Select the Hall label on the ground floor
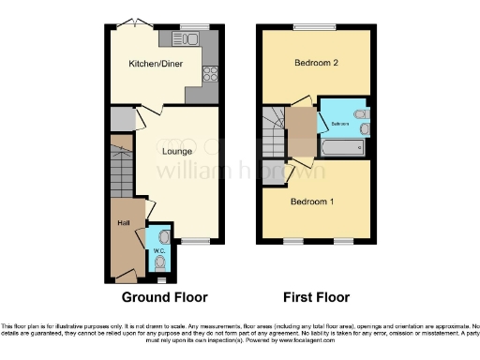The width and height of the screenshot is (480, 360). [x=124, y=222]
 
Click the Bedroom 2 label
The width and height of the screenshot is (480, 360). [x=316, y=64]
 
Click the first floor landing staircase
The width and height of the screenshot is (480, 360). [x=273, y=131]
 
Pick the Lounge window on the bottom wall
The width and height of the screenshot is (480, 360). [x=195, y=242]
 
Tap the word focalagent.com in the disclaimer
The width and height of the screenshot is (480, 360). [x=399, y=336]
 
